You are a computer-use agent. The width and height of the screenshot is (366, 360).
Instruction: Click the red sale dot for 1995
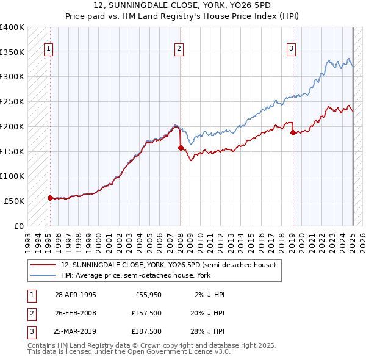click(x=50, y=198)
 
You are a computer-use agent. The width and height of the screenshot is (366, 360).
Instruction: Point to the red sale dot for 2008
click(x=181, y=147)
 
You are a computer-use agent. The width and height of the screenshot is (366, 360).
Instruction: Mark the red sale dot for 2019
click(x=293, y=132)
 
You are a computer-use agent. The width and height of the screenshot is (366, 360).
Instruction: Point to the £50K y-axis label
click(x=14, y=201)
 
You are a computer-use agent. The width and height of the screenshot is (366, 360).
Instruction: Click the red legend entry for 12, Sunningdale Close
click(x=168, y=265)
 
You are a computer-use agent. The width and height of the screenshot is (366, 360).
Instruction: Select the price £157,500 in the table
click(x=146, y=313)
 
